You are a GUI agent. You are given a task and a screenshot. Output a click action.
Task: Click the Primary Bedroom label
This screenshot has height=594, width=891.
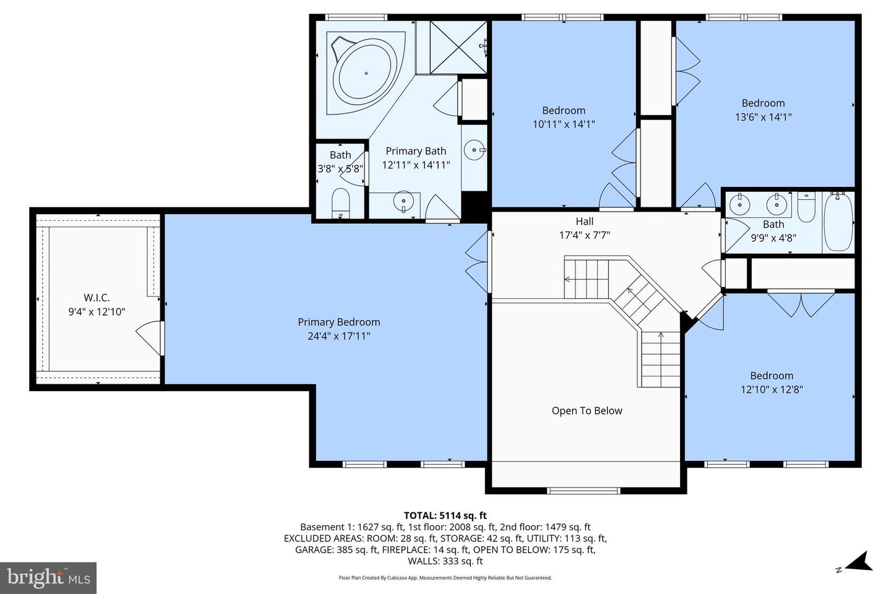(338, 322)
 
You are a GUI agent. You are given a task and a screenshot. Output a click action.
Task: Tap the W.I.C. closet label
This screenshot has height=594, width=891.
(97, 298)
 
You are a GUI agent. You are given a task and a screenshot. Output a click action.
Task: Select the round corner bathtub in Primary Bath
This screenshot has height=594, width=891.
(365, 73)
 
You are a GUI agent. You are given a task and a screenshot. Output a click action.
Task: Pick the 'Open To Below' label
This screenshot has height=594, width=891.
(587, 411)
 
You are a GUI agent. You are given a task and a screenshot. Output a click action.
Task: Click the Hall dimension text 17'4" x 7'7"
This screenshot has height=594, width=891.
(585, 235)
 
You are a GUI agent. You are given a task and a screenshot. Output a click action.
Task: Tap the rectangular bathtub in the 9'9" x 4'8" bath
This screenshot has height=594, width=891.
(838, 221)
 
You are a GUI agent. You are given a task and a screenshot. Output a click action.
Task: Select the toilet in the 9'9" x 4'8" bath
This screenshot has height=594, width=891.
(806, 208)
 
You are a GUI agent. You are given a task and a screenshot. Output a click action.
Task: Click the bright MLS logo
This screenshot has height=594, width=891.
(48, 578)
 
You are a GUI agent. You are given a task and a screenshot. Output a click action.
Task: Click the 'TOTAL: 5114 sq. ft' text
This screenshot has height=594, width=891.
(445, 515)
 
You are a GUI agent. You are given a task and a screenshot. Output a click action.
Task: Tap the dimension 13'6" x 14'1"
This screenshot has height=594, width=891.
(763, 117)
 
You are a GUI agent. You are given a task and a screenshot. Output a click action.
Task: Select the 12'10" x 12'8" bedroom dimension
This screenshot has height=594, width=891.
(772, 390)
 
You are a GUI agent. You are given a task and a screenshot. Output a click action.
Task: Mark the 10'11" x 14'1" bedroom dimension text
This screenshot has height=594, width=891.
(563, 124)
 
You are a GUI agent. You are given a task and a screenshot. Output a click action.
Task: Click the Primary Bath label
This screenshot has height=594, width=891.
(416, 151)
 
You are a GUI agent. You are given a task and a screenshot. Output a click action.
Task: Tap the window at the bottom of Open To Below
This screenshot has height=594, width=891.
(583, 491)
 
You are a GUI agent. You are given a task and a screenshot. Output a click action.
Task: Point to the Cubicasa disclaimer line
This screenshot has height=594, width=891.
(445, 578)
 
